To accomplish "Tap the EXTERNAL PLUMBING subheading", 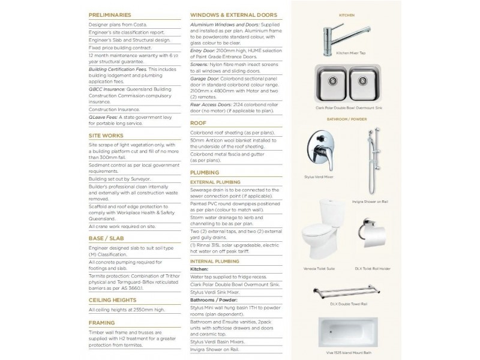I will point(215,181).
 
